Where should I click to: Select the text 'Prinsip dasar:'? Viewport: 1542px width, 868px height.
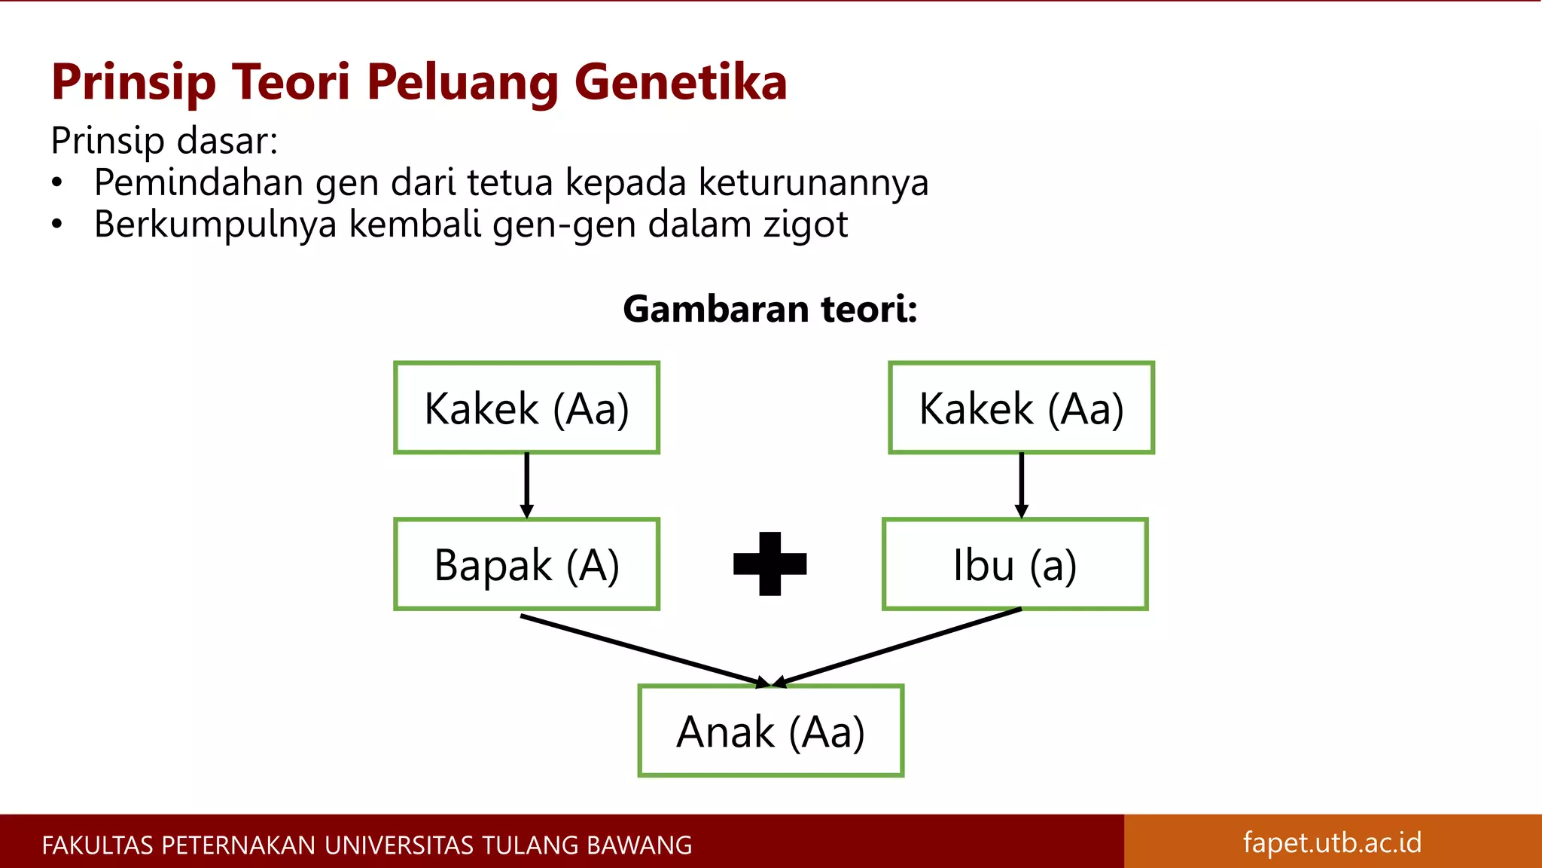coord(164,141)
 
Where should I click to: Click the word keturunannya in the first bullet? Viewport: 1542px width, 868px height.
coord(813,183)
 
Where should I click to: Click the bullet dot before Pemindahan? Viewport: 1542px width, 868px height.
coord(56,183)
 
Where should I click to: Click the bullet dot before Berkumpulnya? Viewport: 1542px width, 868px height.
coord(56,225)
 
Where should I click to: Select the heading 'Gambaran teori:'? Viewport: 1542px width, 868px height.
coord(769,309)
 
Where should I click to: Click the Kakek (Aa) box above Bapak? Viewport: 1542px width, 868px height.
coord(526,408)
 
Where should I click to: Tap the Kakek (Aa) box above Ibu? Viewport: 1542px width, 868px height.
coord(1021,408)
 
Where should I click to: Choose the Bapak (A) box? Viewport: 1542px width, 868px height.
coord(526,564)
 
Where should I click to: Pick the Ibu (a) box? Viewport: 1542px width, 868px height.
coord(1015,564)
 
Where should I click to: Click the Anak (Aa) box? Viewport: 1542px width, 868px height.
coord(770,730)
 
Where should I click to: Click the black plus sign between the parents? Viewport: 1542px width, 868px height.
coord(769,564)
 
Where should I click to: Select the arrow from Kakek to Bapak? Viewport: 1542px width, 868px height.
coord(526,484)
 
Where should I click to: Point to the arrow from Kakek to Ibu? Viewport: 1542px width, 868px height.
coord(1021,484)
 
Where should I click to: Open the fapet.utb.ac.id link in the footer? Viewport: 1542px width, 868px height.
coord(1332,842)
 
